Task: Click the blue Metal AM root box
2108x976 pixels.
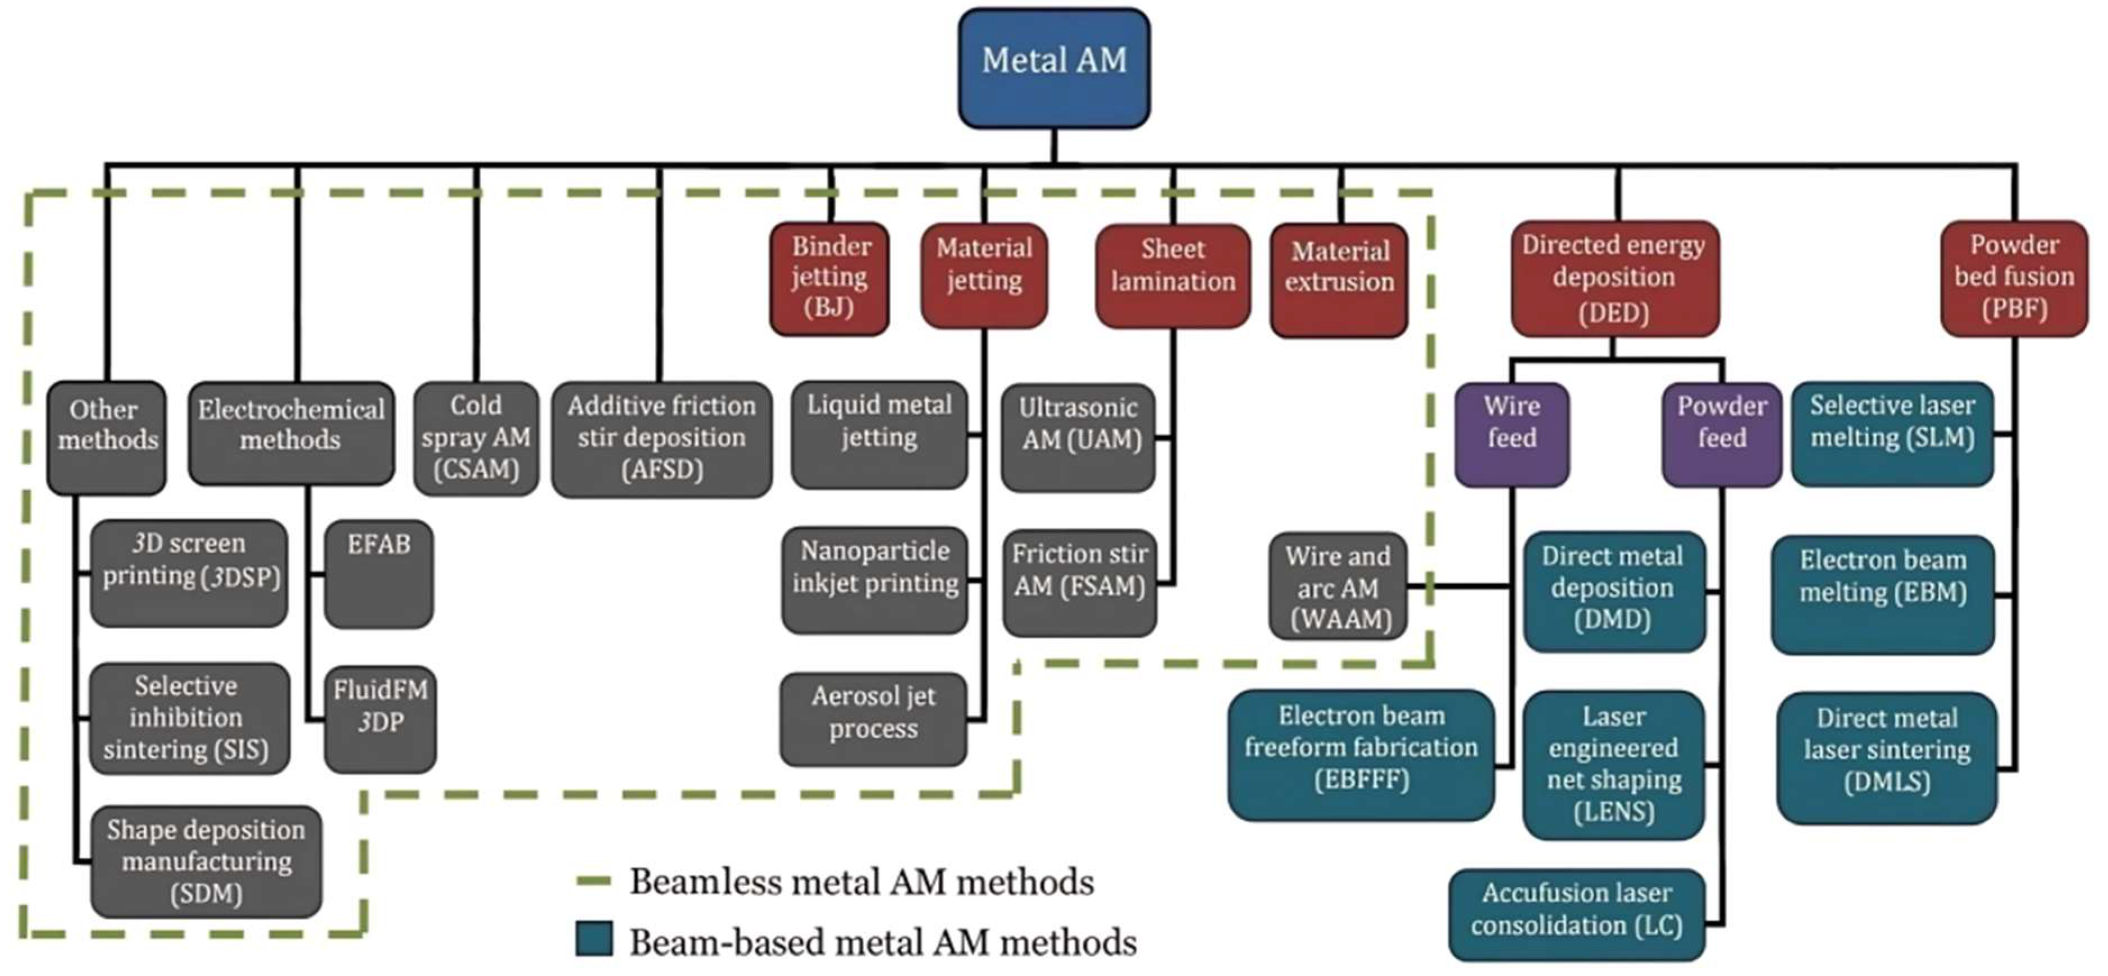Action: click(x=1054, y=68)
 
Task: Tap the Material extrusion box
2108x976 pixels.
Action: click(x=1339, y=280)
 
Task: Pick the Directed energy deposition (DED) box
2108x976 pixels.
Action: click(x=1614, y=278)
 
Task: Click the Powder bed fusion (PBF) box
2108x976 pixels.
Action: click(x=2014, y=278)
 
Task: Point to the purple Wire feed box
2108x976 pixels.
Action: click(x=1512, y=434)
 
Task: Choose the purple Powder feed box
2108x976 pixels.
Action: click(x=1722, y=434)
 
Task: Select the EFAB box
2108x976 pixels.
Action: click(x=379, y=574)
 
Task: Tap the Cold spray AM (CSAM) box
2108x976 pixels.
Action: click(x=476, y=438)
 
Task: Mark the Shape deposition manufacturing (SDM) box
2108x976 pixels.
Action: click(x=206, y=862)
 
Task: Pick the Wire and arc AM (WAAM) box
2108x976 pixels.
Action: click(x=1338, y=586)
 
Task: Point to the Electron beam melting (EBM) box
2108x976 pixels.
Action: click(x=1883, y=594)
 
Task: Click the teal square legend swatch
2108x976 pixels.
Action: click(x=594, y=939)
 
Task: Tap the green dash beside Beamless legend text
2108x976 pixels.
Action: click(x=594, y=881)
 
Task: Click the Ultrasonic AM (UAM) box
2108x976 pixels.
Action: click(x=1079, y=438)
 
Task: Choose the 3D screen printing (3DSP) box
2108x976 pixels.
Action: click(x=189, y=574)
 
